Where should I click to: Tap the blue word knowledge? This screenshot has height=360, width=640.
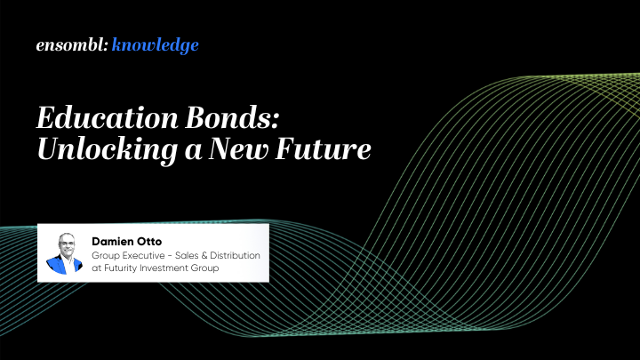(x=156, y=45)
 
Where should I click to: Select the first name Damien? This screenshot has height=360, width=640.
(x=116, y=240)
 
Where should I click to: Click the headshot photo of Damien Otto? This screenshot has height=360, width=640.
(x=64, y=253)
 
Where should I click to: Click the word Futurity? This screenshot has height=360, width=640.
(x=123, y=268)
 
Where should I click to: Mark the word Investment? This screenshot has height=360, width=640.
(x=172, y=268)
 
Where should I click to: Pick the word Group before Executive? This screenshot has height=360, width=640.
(x=108, y=255)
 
